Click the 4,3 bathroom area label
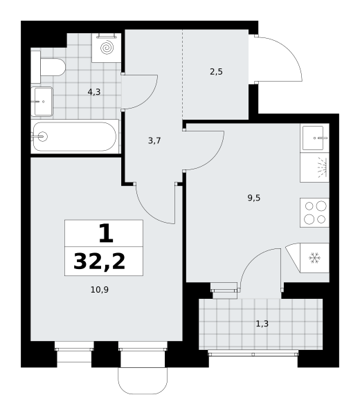[94, 92]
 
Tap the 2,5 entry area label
[216, 72]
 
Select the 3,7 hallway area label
[154, 140]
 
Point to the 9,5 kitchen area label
[254, 198]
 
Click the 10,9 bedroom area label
[100, 290]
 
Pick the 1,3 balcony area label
[262, 324]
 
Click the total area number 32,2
[99, 261]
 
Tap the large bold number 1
[106, 233]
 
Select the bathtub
[75, 136]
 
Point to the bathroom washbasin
[42, 102]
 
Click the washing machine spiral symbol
[107, 48]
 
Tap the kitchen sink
[314, 138]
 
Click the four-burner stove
[315, 212]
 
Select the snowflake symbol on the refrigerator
[315, 258]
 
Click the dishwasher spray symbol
[323, 167]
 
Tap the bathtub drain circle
[42, 137]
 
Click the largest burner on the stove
[321, 205]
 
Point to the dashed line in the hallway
[183, 75]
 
